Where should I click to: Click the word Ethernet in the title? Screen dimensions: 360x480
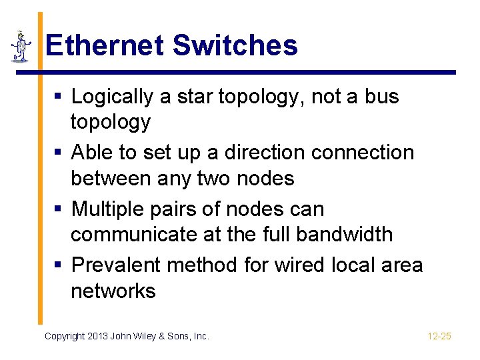[105, 45]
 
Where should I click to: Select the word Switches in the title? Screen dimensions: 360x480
[235, 45]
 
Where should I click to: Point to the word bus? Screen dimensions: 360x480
[381, 97]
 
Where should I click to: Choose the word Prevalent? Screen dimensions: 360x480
[116, 265]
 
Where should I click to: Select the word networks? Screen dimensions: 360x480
[113, 291]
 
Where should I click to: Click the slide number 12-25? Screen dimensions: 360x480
[439, 336]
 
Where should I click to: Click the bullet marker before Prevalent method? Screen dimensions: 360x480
[58, 266]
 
